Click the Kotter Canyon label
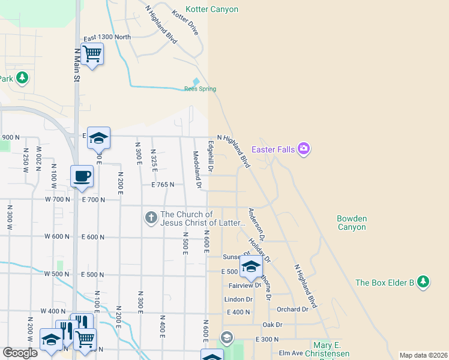pos(212,10)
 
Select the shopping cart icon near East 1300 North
pos(92,54)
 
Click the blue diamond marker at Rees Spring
pos(196,82)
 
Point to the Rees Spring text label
pos(200,89)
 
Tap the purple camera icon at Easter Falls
pos(304,149)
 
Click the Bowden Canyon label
pos(352,223)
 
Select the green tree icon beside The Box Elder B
pos(423,281)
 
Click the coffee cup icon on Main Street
pos(82,176)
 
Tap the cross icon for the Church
pos(152,217)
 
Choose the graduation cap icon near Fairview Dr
pos(251,266)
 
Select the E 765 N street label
pos(163,185)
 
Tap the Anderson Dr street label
pos(257,224)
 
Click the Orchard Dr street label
pos(292,310)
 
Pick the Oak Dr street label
pos(272,325)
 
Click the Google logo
pos(20,352)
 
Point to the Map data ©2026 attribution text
pos(423,355)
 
